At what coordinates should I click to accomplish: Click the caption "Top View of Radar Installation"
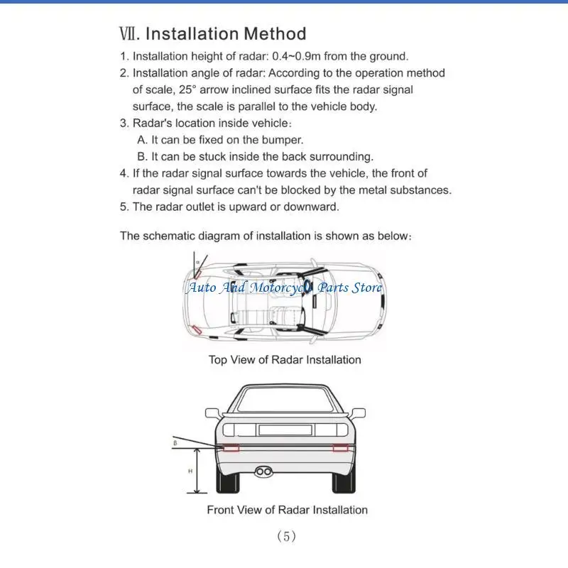(285, 360)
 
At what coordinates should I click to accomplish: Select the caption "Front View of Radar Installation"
(287, 510)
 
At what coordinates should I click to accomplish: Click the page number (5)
(286, 537)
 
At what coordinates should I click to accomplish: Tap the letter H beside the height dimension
(190, 471)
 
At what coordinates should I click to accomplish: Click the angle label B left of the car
(175, 443)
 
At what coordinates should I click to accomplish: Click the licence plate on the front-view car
(284, 430)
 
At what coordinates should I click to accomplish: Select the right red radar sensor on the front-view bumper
(339, 448)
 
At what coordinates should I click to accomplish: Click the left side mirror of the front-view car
(212, 413)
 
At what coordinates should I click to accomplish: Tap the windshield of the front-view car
(284, 402)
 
